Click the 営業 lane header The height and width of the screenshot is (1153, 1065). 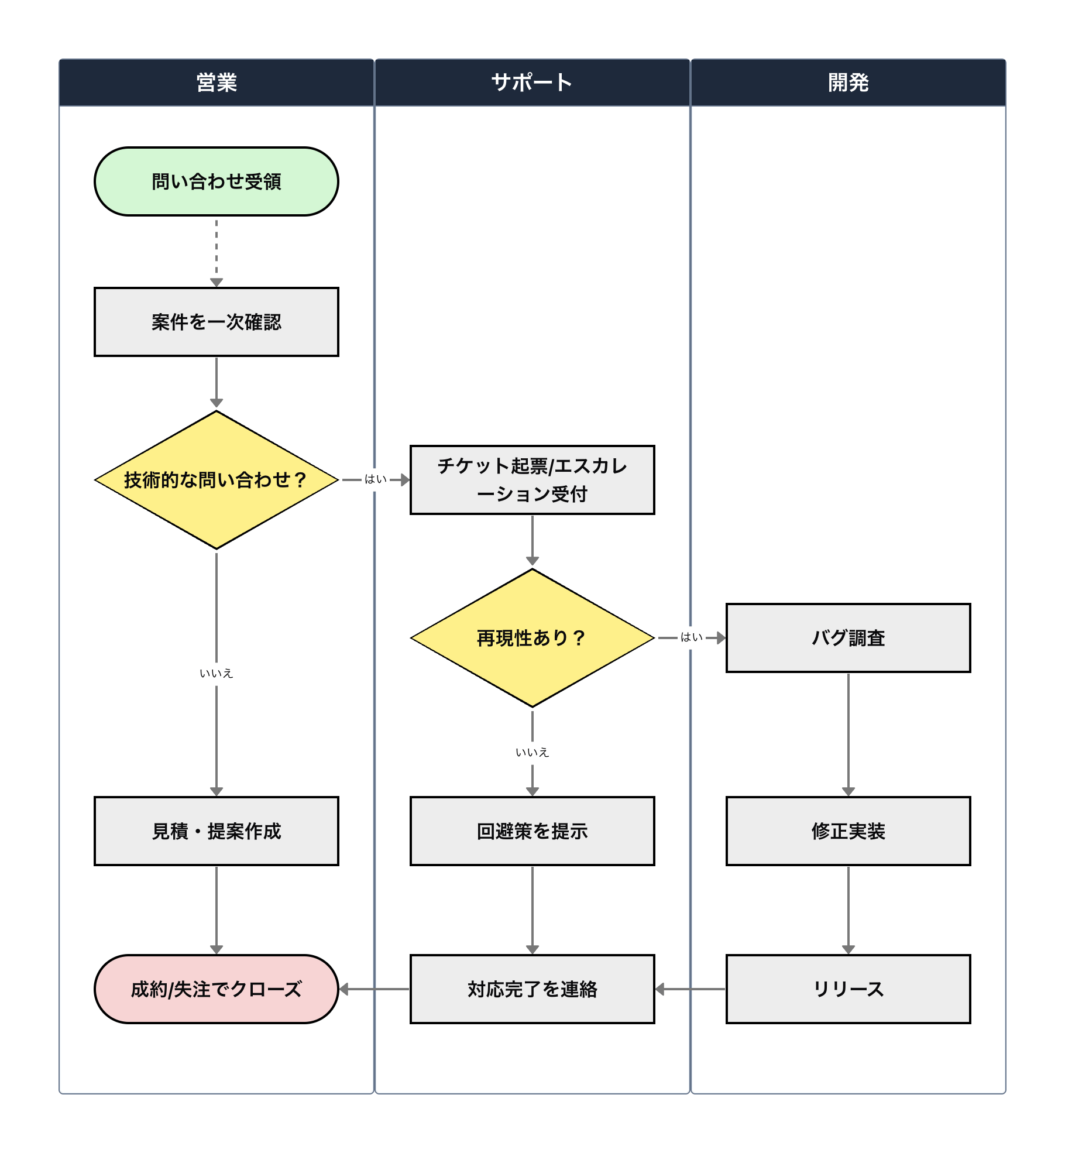coord(217,83)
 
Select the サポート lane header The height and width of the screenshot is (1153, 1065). coord(532,83)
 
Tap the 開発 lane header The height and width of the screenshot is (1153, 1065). coord(848,83)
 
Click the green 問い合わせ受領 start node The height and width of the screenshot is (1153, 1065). coord(217,181)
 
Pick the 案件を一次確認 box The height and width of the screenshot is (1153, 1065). coord(217,322)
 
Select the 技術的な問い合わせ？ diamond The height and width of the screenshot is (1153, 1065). coord(217,480)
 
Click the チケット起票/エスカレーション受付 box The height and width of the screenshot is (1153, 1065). coord(532,480)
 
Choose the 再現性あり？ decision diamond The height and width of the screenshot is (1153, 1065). coord(532,638)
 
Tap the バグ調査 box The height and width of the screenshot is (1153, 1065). coord(848,638)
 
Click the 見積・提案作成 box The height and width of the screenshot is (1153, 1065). coord(217,831)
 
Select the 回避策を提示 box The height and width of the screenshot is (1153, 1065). coord(532,831)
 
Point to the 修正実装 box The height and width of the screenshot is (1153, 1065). coord(848,831)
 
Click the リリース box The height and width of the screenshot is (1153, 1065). coord(848,989)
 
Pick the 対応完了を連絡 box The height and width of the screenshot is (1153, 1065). coord(532,989)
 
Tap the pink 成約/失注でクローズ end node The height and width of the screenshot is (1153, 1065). coord(217,989)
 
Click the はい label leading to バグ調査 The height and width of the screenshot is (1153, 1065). coord(691,637)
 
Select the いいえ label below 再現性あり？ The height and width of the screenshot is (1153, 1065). coord(532,753)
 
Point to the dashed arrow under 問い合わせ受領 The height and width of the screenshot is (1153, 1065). coord(217,252)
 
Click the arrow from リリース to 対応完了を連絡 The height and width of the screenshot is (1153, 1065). coord(690,989)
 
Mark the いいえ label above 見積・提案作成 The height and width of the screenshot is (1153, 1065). coord(217,674)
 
